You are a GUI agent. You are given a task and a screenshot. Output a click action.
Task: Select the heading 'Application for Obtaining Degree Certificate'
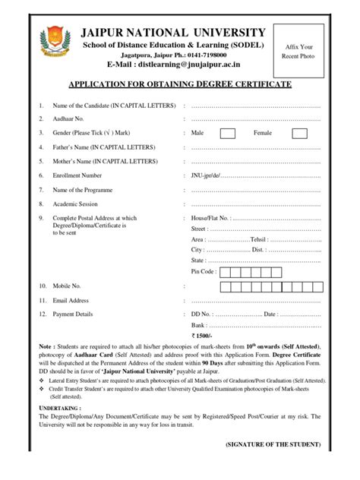point(180,85)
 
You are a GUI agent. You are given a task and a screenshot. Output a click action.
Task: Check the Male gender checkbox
point(227,134)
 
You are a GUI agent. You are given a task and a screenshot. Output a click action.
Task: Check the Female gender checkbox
point(299,134)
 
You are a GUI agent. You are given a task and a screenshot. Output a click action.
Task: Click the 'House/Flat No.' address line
point(210,218)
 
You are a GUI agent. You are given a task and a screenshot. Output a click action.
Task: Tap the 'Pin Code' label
point(204,271)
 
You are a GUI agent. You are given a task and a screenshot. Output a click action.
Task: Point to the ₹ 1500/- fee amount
point(201,335)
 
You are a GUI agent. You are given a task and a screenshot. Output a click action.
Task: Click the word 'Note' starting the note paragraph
point(46,346)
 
